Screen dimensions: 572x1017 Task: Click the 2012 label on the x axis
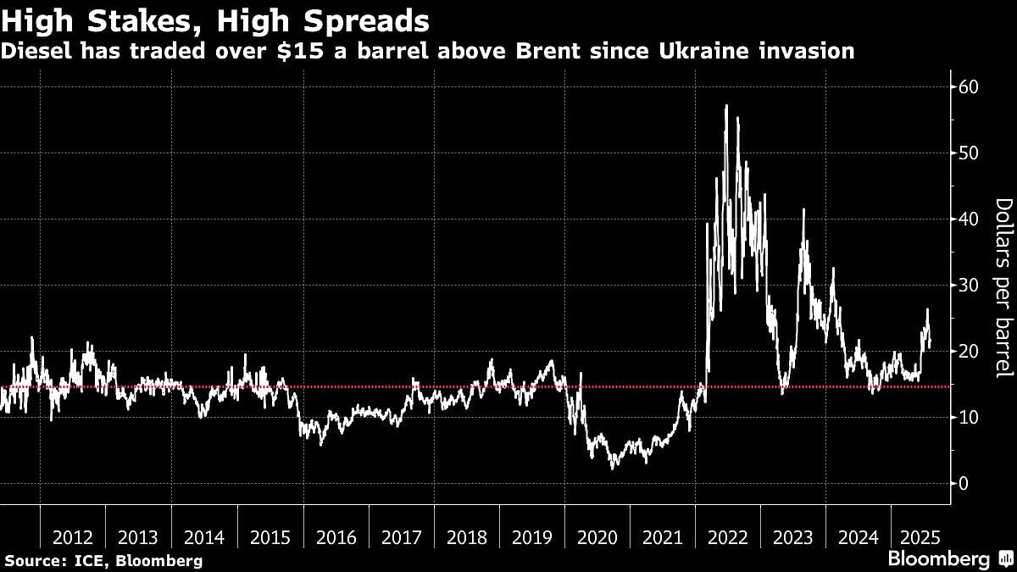[73, 537]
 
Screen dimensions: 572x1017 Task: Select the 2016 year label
[336, 537]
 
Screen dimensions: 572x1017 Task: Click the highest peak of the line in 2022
[726, 106]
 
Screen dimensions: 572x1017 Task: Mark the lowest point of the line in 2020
[612, 468]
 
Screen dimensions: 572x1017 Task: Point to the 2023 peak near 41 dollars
[803, 210]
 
